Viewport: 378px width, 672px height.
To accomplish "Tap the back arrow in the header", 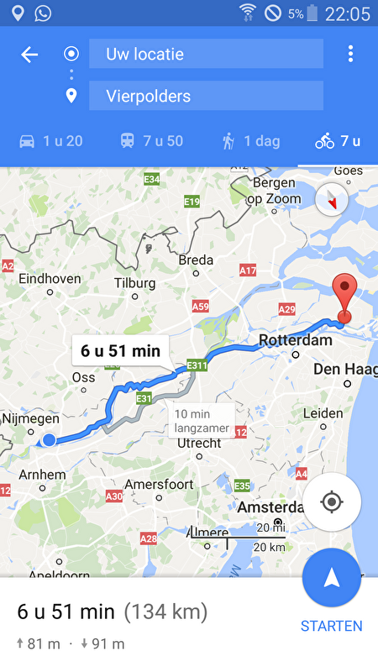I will point(29,55).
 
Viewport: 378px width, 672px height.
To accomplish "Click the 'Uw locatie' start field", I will point(206,54).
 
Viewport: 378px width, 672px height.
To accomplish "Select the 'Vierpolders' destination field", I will point(206,96).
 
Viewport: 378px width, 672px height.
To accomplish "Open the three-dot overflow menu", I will point(350,55).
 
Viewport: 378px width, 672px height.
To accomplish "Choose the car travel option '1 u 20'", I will point(50,141).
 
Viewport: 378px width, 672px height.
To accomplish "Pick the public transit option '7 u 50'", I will point(151,141).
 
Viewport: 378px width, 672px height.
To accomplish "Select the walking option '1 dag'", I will point(250,141).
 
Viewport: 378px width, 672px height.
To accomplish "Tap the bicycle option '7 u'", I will point(338,141).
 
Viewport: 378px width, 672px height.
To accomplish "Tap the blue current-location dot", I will point(50,439).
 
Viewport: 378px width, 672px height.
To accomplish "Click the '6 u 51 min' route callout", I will point(121,350).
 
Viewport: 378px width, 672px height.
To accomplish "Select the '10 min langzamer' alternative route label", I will point(202,421).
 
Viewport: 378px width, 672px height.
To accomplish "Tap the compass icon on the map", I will point(333,200).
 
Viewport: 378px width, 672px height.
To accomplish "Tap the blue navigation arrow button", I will point(332,577).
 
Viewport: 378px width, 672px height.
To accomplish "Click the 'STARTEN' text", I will point(332,626).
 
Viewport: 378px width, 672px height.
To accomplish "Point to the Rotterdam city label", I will point(291,340).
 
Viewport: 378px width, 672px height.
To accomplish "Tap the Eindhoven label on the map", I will point(50,278).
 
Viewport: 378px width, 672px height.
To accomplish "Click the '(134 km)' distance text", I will point(165,611).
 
